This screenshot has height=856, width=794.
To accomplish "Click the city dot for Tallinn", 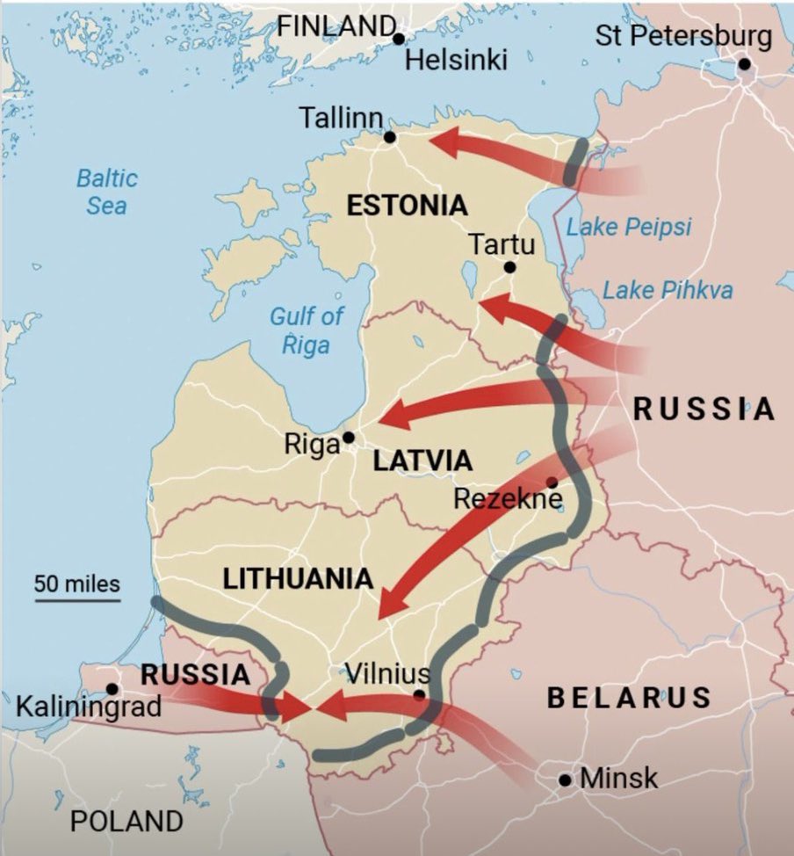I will pyautogui.click(x=390, y=136).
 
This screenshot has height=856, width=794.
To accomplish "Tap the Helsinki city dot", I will pyautogui.click(x=399, y=39).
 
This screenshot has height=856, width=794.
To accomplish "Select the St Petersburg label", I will pyautogui.click(x=683, y=36).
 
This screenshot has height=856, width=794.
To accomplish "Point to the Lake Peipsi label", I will pyautogui.click(x=628, y=227).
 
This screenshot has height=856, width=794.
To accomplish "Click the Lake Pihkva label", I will pyautogui.click(x=668, y=290).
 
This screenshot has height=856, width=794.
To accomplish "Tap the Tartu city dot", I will pyautogui.click(x=509, y=267).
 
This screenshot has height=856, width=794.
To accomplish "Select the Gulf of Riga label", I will pyautogui.click(x=306, y=330).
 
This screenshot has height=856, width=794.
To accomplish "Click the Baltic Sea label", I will pyautogui.click(x=106, y=192).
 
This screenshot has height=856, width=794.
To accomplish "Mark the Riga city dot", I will pyautogui.click(x=349, y=437).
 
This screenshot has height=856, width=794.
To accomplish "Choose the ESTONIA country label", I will pyautogui.click(x=406, y=207).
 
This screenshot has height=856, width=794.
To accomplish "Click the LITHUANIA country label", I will pyautogui.click(x=298, y=579).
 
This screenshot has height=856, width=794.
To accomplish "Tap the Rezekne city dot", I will pyautogui.click(x=552, y=482).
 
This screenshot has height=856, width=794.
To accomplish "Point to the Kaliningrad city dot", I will pyautogui.click(x=112, y=689).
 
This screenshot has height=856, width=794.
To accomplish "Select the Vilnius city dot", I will pyautogui.click(x=420, y=695).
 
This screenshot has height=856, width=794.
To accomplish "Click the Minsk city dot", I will pyautogui.click(x=565, y=780).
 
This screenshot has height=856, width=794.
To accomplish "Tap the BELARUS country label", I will pyautogui.click(x=629, y=698).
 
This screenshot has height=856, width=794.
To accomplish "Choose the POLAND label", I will pyautogui.click(x=126, y=822).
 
